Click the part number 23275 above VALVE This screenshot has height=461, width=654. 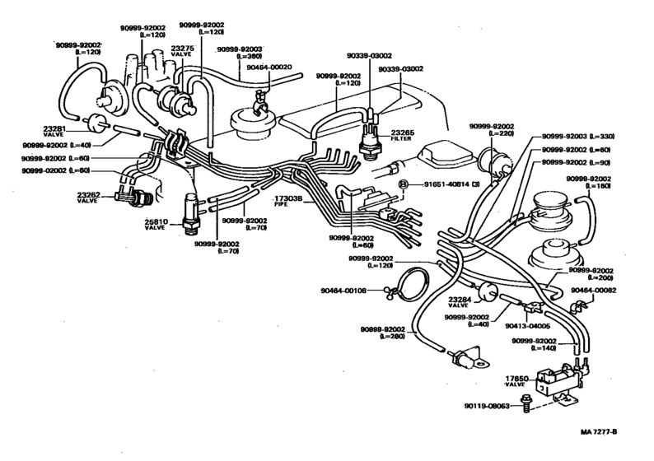(182, 49)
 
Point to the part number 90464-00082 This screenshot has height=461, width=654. (610, 291)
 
